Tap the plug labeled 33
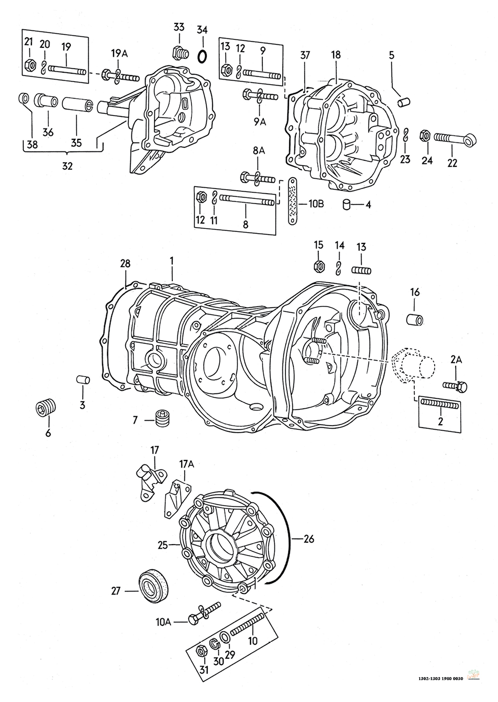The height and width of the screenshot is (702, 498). tap(181, 53)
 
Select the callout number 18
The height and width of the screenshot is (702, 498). tap(336, 55)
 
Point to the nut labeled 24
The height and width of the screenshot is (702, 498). tap(425, 135)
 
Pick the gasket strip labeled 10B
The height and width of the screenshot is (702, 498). tap(293, 201)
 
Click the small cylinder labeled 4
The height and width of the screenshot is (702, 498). tap(346, 205)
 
